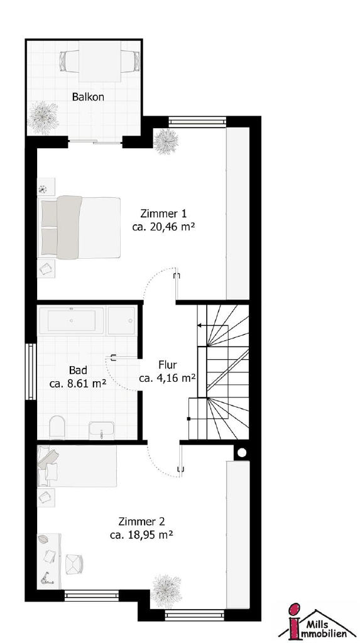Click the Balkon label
88,97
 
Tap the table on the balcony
100,61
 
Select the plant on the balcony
43,117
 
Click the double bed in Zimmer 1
80,227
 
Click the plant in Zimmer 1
166,141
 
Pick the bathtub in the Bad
72,320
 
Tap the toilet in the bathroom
57,427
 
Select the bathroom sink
101,430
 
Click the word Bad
77,370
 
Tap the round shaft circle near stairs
242,453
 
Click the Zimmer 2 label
141,522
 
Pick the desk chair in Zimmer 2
74,564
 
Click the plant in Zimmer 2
166,590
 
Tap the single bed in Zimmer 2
77,467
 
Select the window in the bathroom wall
30,372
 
